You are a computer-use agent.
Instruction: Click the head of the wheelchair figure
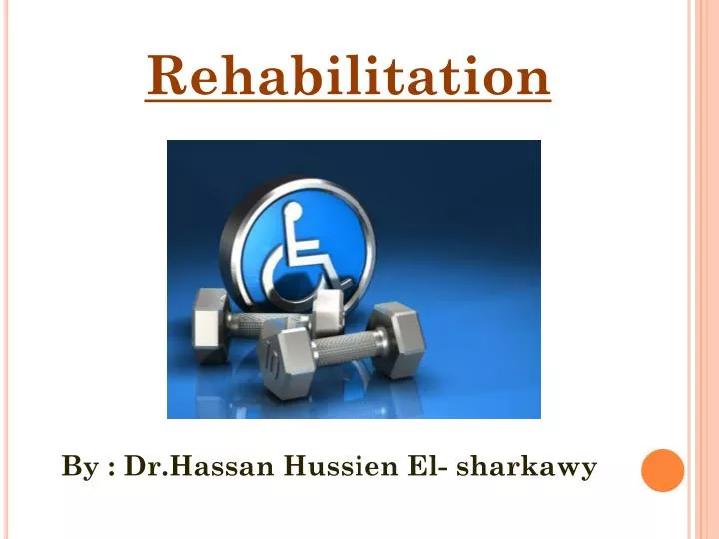click(293, 211)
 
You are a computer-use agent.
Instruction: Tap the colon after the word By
click(110, 468)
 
